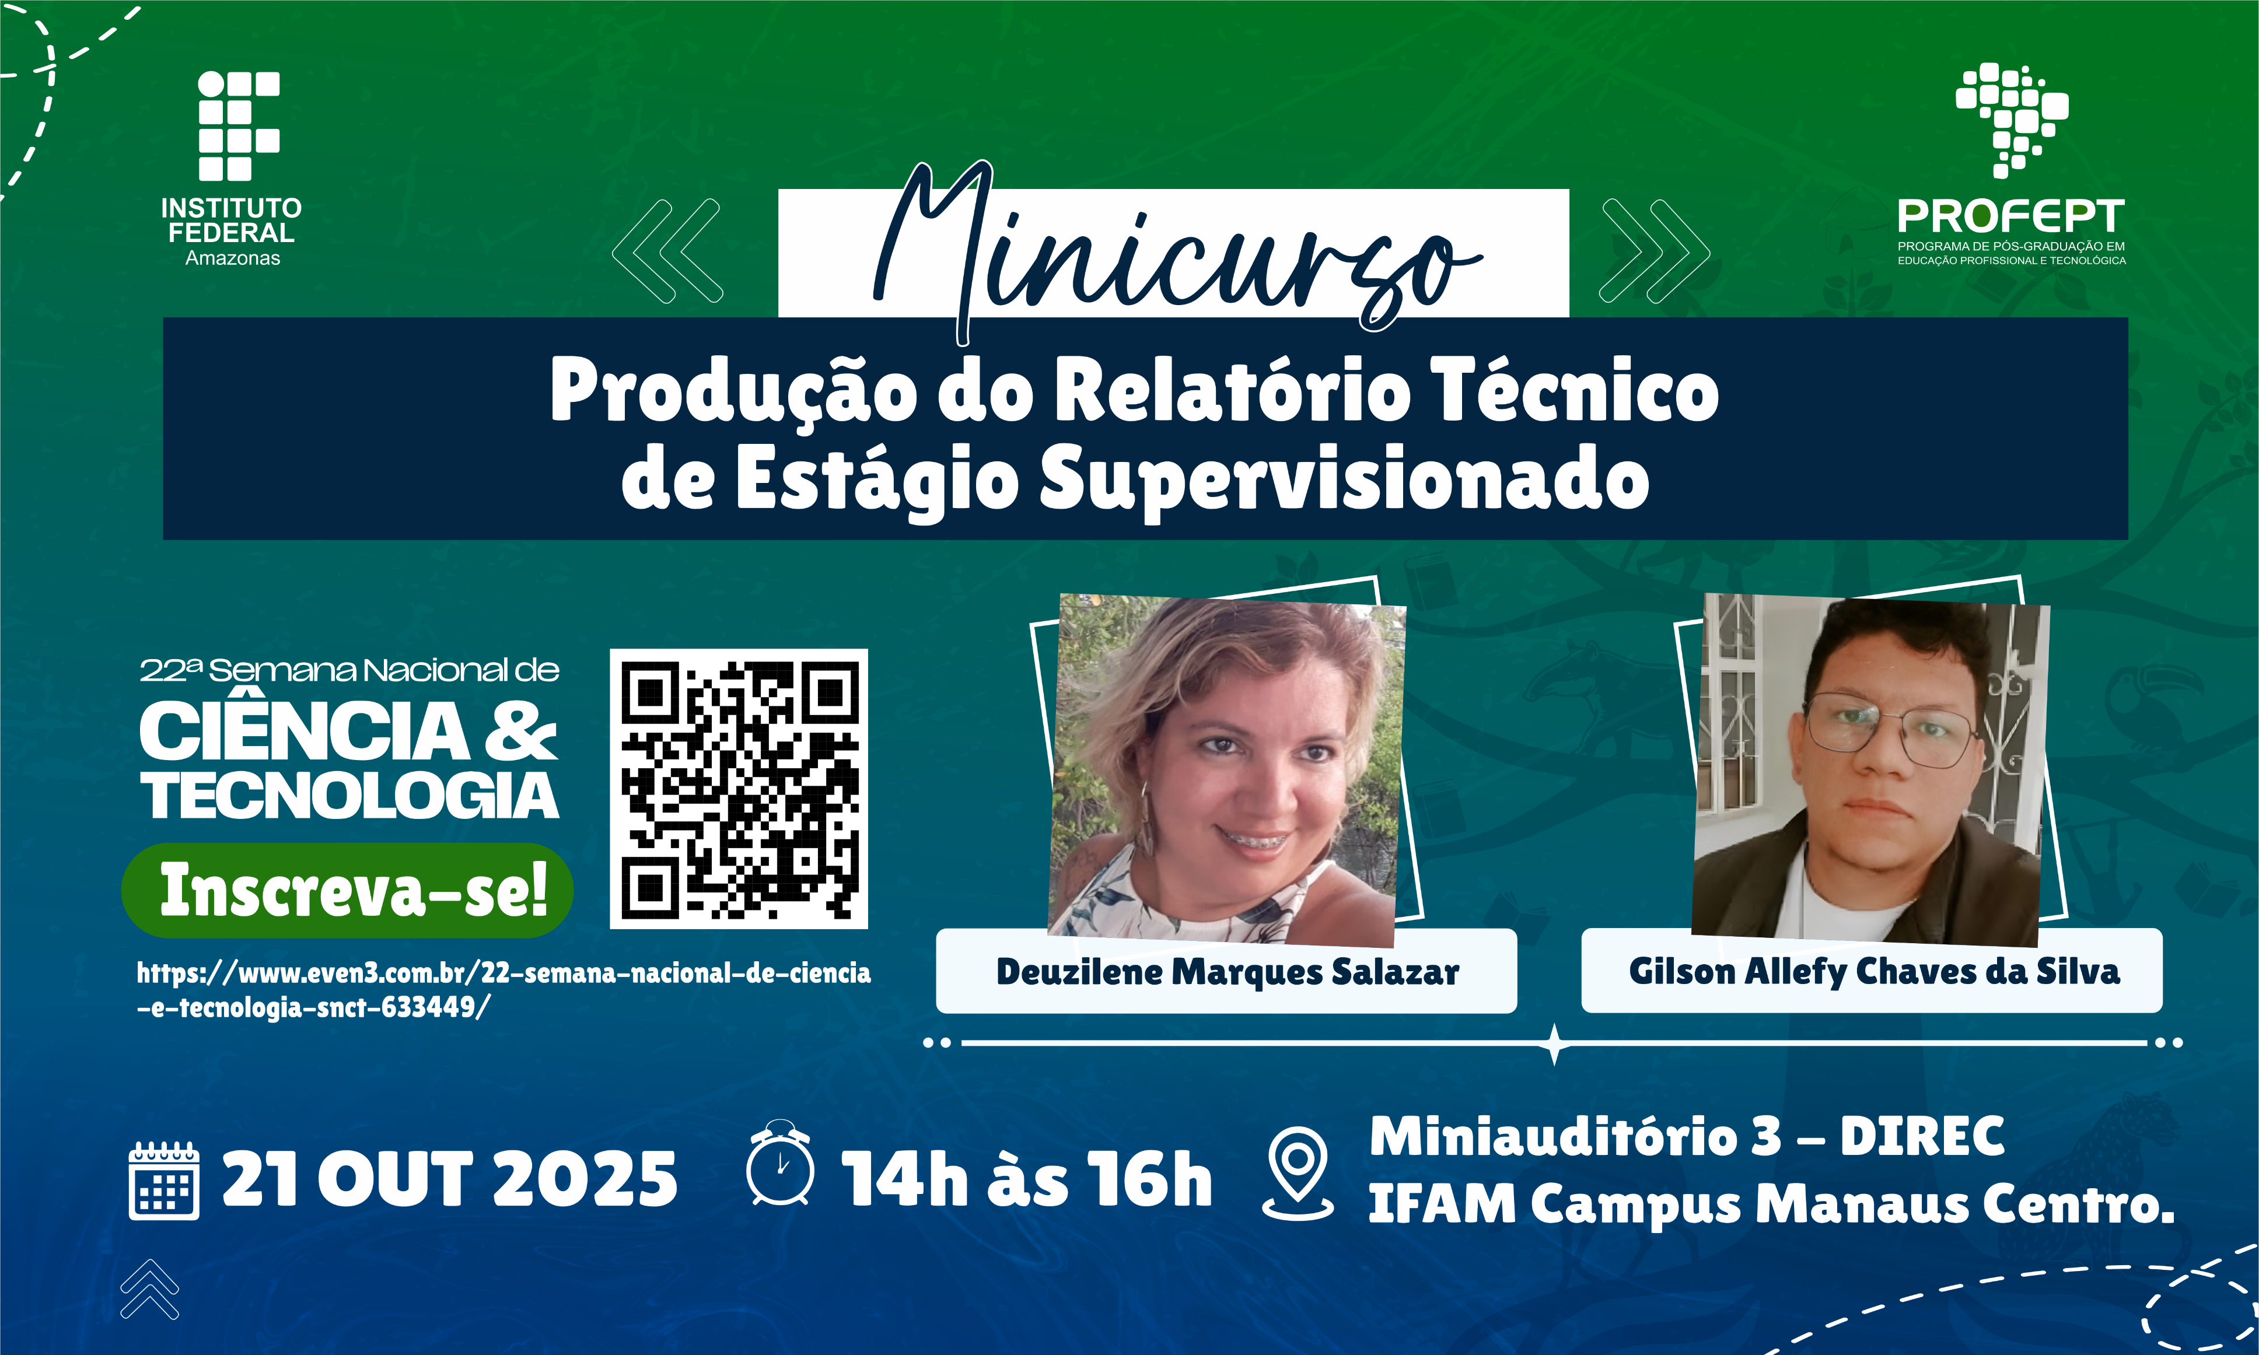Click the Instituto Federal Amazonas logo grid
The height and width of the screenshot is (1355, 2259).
(238, 126)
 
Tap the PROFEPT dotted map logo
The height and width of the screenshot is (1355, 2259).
(2012, 118)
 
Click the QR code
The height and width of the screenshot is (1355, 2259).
(739, 789)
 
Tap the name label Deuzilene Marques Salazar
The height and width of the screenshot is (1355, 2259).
(1226, 972)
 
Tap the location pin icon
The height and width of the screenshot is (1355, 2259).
(1298, 1172)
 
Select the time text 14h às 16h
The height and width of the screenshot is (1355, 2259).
(1026, 1179)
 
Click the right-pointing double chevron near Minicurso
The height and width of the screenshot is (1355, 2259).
(1653, 250)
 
